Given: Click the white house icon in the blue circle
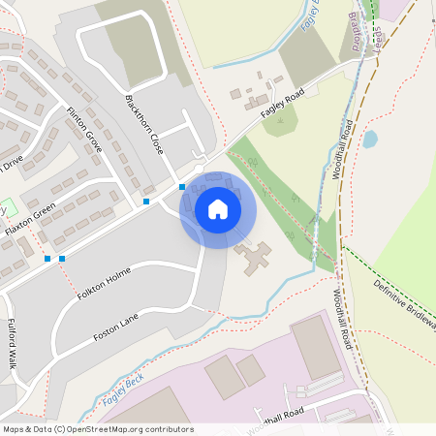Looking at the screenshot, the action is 218,209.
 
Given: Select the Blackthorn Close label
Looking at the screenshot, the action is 142,125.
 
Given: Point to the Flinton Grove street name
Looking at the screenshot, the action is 84,130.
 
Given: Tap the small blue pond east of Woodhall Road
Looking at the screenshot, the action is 370,139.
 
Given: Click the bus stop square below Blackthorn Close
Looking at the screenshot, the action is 182,186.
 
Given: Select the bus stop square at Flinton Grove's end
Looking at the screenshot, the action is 146,202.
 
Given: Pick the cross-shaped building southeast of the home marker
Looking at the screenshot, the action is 255,257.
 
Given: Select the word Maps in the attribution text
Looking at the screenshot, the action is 14,428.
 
